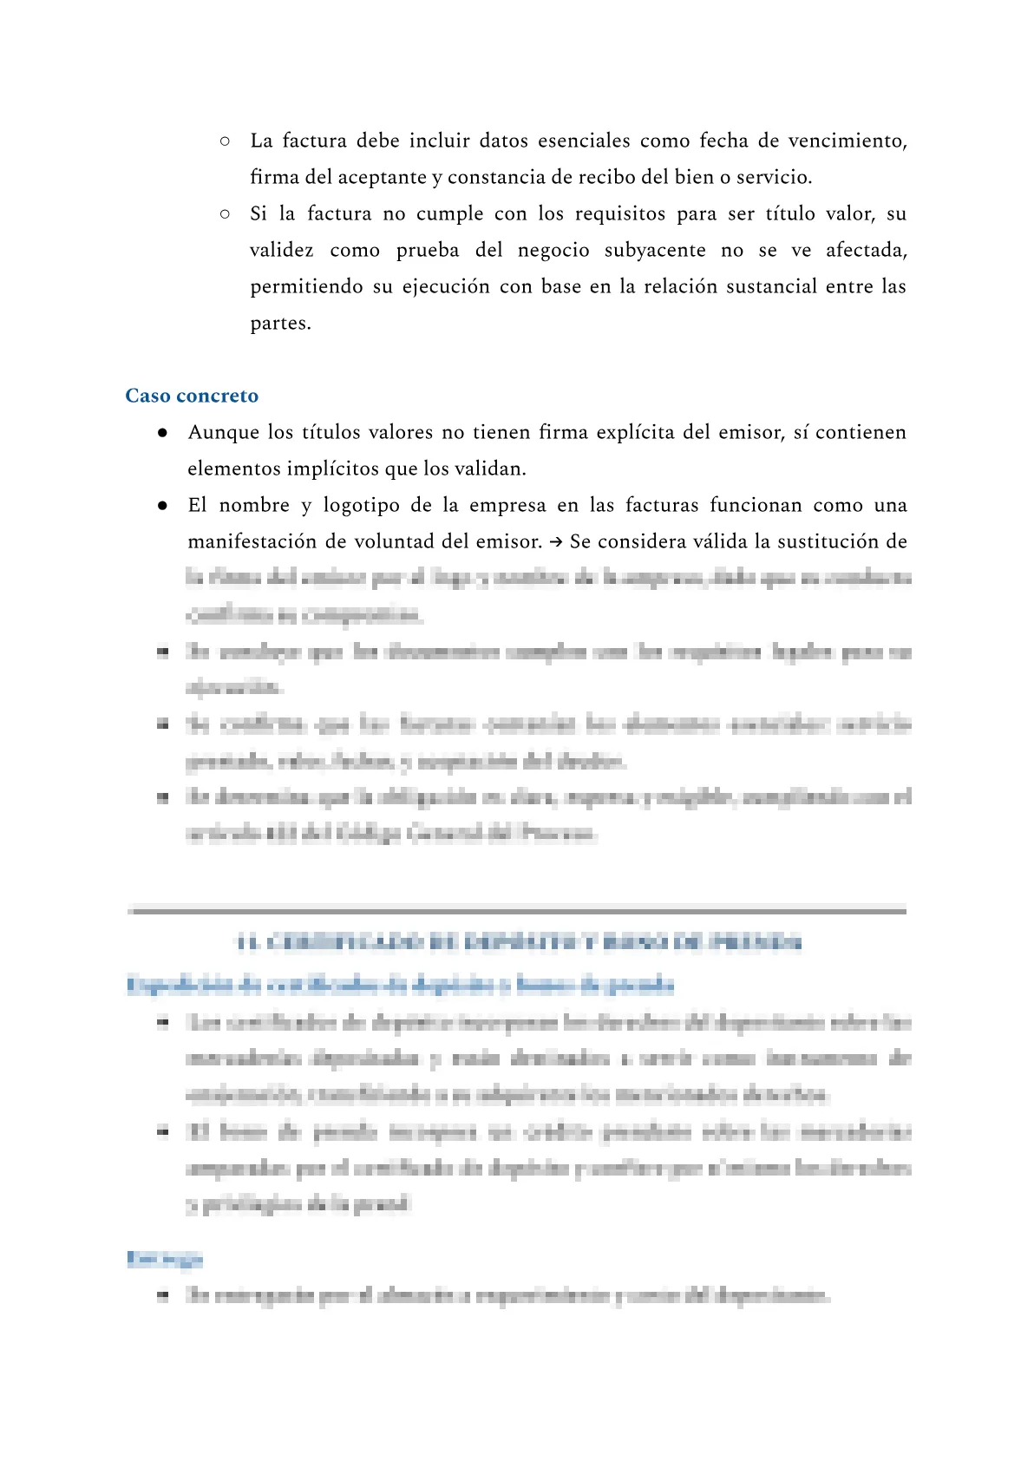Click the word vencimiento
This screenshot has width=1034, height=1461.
coord(847,141)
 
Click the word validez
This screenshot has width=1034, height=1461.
coord(281,250)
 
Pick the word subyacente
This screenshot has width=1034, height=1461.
coord(655,250)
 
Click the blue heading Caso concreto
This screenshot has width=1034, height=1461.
coord(192,396)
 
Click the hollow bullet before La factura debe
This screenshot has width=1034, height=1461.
coord(225,141)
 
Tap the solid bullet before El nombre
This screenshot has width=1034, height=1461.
coord(162,505)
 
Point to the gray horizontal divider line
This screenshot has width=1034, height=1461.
coord(517,910)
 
